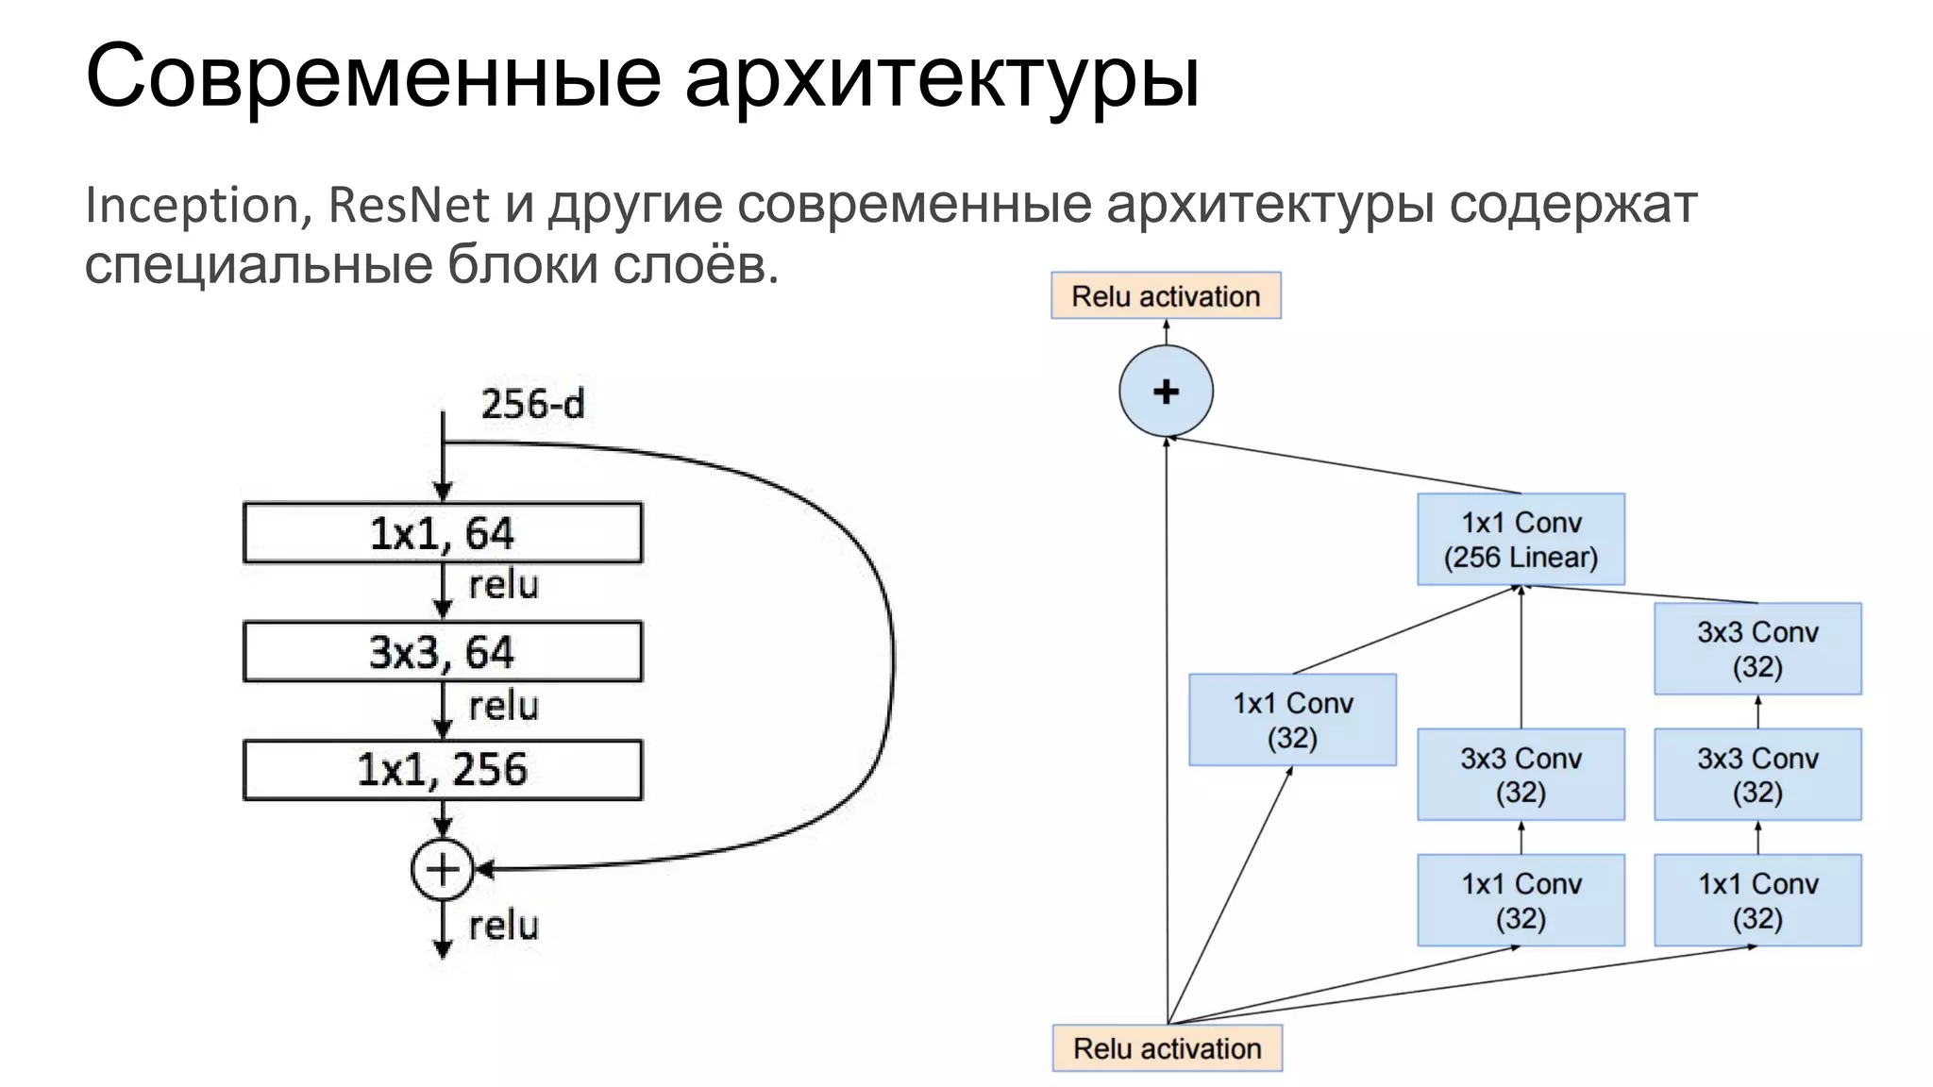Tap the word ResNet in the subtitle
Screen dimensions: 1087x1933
click(409, 205)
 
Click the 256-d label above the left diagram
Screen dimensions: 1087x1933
click(532, 404)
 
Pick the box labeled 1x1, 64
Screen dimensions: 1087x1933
click(442, 533)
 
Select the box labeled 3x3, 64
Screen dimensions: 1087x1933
click(442, 652)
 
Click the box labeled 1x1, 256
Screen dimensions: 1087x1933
click(442, 770)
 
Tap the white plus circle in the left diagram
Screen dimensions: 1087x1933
click(442, 869)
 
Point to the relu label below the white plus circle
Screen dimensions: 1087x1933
click(503, 926)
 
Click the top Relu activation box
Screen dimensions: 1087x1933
click(1166, 296)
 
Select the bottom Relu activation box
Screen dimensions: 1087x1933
click(1167, 1048)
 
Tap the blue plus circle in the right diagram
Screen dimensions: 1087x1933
click(1166, 391)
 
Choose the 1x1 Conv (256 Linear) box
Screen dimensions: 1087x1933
click(1521, 540)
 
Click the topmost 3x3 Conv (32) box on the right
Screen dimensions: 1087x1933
click(1757, 649)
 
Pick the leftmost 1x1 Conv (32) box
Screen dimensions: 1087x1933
click(1292, 720)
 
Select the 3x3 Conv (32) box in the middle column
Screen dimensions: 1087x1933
click(1521, 775)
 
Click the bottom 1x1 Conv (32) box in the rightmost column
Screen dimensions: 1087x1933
click(1757, 900)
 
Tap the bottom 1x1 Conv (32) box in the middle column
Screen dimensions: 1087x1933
click(1521, 900)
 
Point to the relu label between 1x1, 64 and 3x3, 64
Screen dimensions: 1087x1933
click(503, 585)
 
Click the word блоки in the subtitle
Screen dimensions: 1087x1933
click(522, 265)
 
